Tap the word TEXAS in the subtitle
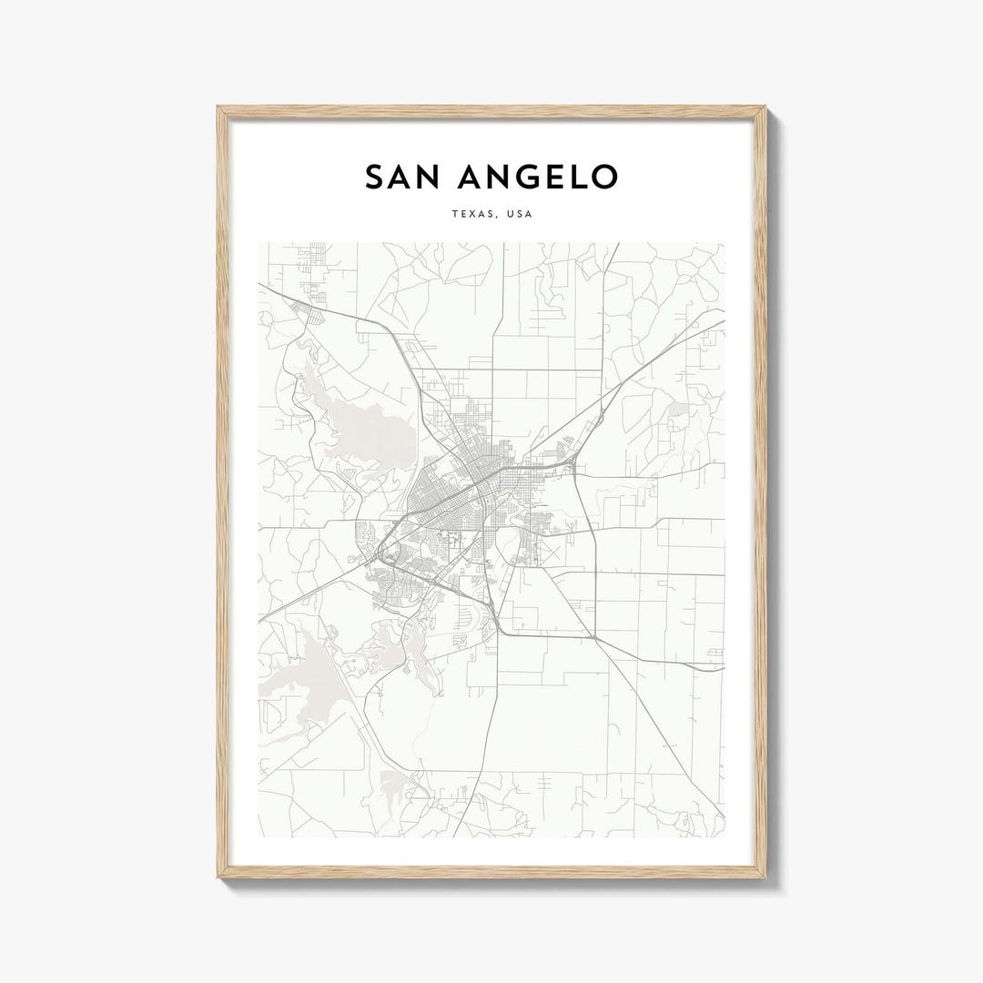click(x=471, y=215)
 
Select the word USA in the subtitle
click(x=518, y=215)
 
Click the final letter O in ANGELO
click(x=603, y=177)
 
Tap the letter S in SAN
click(x=374, y=177)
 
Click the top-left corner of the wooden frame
click(x=218, y=108)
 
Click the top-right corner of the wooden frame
click(x=765, y=108)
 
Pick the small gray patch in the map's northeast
click(x=678, y=412)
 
